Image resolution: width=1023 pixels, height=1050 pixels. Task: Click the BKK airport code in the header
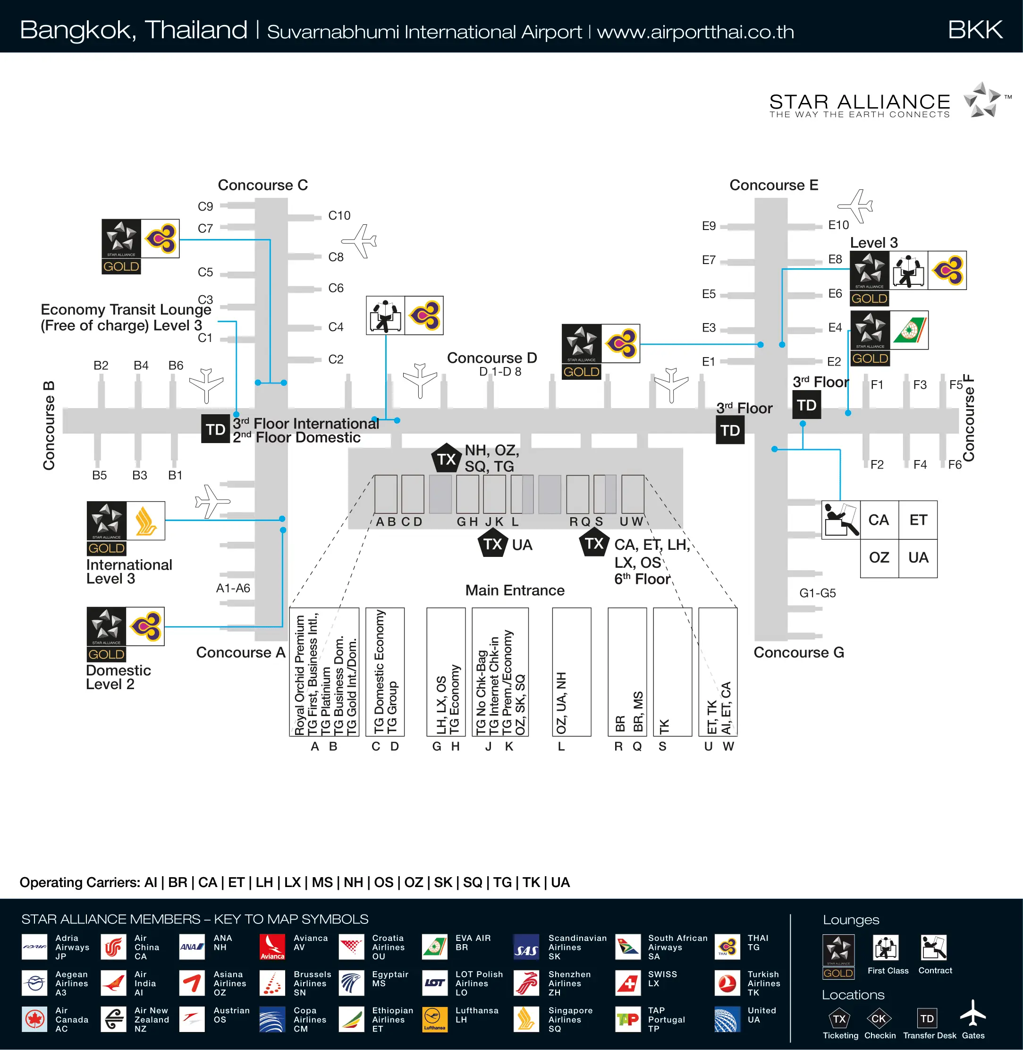(975, 30)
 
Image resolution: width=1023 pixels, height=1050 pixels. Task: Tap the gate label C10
(339, 215)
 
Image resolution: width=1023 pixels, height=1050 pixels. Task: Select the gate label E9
(709, 226)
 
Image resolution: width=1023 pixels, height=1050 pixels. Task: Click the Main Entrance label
(515, 590)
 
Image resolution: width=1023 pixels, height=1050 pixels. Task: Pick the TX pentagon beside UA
(492, 544)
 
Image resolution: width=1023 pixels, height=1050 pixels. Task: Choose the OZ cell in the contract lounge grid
(879, 557)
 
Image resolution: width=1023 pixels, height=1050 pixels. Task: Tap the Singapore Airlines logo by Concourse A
(145, 521)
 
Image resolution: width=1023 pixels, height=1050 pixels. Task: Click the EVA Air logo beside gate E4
(909, 330)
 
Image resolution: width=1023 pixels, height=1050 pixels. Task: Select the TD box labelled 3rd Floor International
(215, 429)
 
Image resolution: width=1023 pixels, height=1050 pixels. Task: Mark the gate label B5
(100, 475)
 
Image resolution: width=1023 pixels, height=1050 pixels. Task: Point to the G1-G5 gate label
(817, 593)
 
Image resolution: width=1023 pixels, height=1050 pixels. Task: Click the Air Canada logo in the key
(35, 1019)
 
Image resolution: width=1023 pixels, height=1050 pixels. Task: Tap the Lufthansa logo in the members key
(435, 1019)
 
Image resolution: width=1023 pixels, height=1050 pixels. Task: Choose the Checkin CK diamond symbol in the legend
(879, 1018)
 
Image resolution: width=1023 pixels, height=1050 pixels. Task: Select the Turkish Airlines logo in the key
(727, 983)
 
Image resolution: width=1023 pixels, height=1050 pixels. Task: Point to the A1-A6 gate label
(233, 588)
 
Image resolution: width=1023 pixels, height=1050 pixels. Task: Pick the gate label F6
(955, 464)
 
